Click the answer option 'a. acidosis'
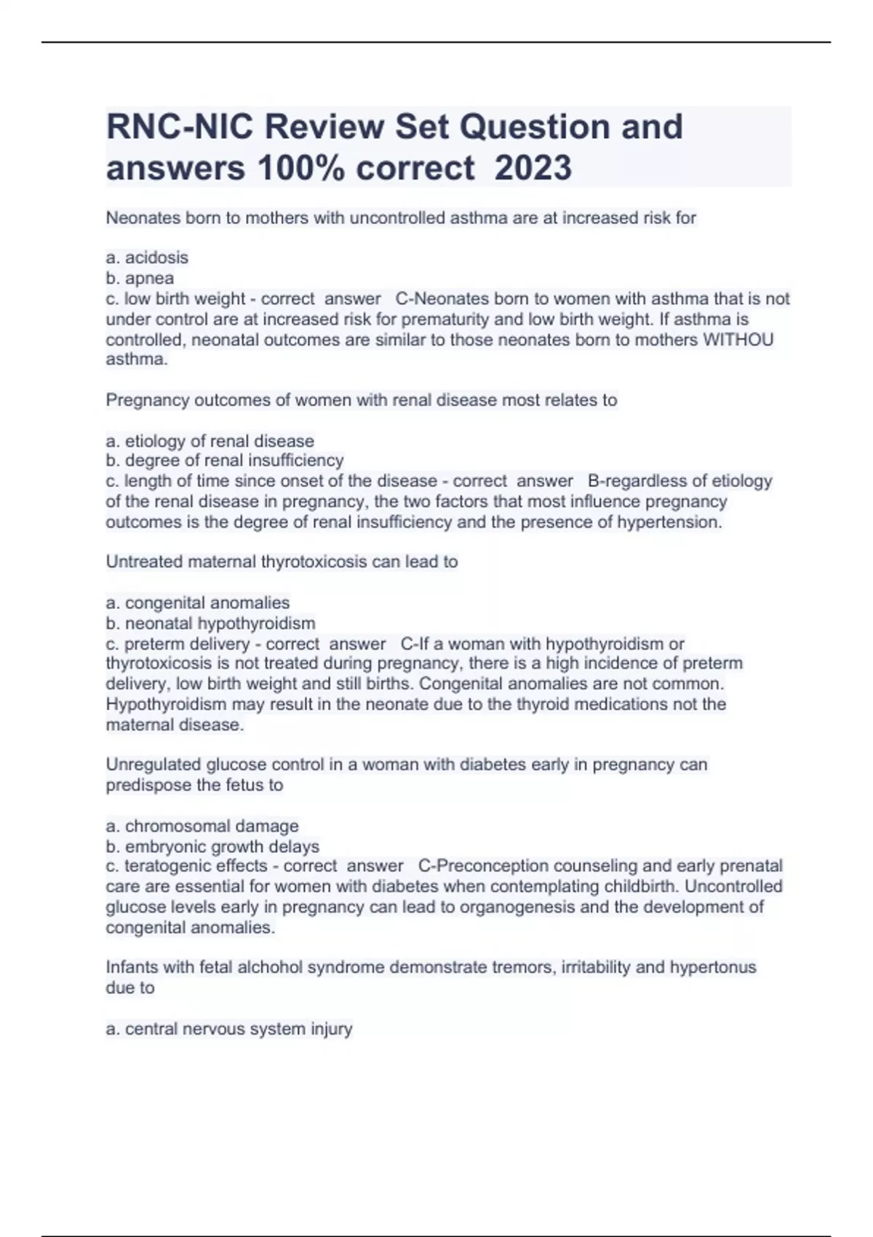coord(147,258)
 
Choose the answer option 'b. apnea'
coord(140,278)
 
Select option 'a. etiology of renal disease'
coord(210,441)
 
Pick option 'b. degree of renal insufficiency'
coord(224,461)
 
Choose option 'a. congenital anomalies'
coord(197,602)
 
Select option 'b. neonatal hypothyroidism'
coord(210,623)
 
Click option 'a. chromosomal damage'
coord(202,826)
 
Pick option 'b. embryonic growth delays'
coord(212,846)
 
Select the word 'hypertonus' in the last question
coord(712,967)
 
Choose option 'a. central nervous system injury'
coord(228,1029)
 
